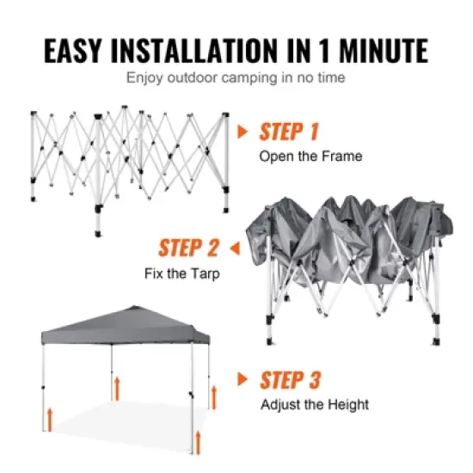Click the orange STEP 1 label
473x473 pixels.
click(289, 132)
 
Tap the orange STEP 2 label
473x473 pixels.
click(189, 249)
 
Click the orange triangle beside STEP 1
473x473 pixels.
click(244, 132)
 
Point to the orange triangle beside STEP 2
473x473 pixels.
click(234, 249)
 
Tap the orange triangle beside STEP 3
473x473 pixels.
click(244, 379)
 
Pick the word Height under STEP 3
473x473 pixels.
click(349, 403)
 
